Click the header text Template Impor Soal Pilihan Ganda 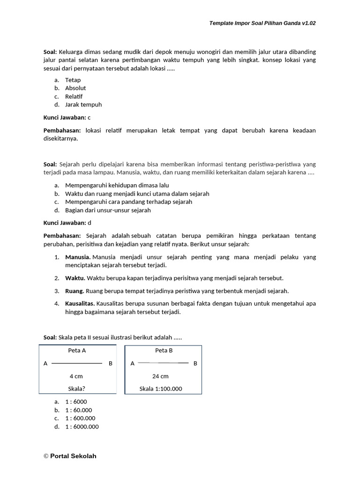262,22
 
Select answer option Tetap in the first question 73,80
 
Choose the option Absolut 75,88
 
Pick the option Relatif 74,96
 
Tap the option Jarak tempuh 83,105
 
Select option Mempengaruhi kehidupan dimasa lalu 117,185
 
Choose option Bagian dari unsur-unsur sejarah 108,210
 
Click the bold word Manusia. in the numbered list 78,257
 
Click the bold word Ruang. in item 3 75,291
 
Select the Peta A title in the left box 77,350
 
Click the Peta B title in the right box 164,350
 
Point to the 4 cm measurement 76,376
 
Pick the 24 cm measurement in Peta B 161,376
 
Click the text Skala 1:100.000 161,389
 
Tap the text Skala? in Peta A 77,389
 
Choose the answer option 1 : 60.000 78,410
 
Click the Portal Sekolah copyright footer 70,456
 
